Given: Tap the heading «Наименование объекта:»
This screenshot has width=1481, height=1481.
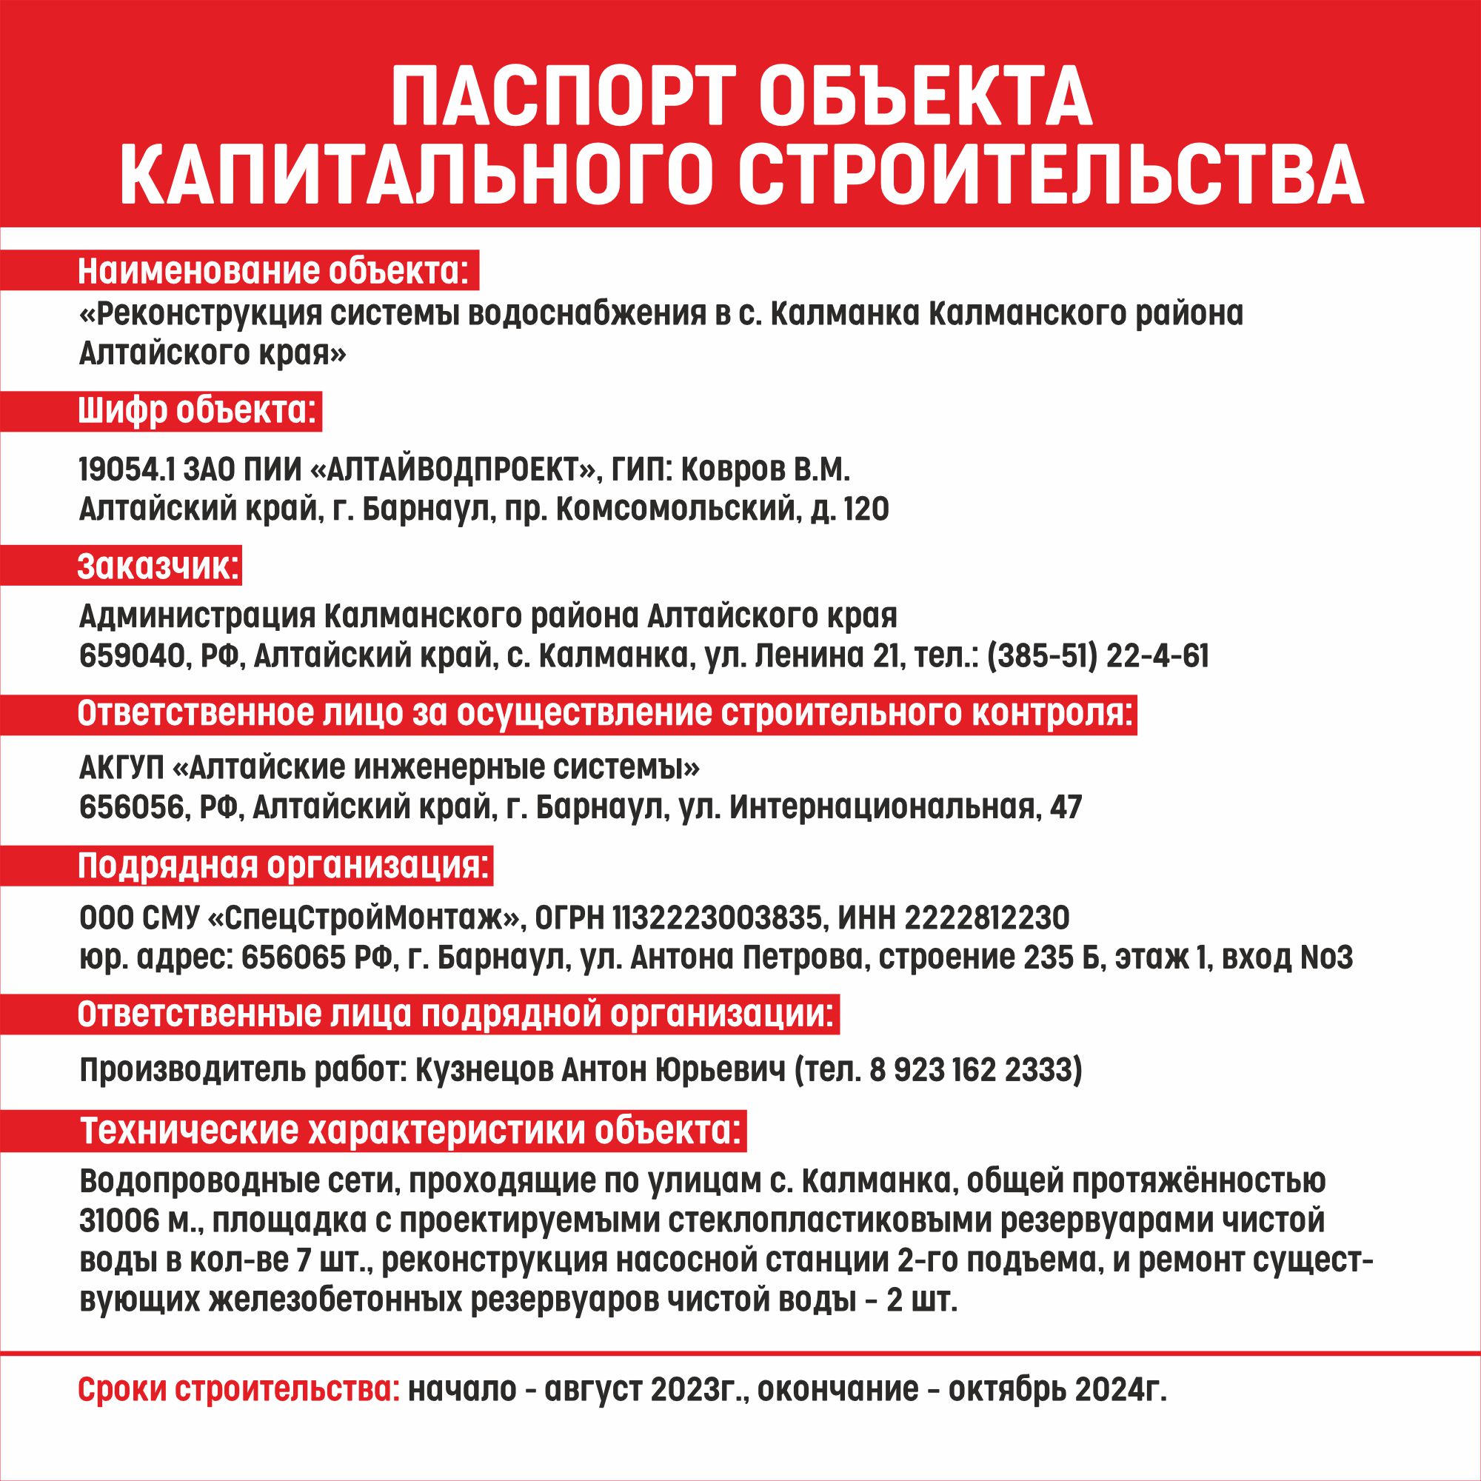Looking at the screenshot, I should click(x=273, y=272).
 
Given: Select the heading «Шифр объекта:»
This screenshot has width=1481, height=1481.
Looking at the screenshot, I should click(x=196, y=412).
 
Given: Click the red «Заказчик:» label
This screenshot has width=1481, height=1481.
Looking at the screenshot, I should click(x=158, y=569).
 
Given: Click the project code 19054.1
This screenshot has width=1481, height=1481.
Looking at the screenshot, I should click(x=126, y=470).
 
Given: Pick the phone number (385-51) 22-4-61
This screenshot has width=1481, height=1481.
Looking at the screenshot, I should click(x=1098, y=656).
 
